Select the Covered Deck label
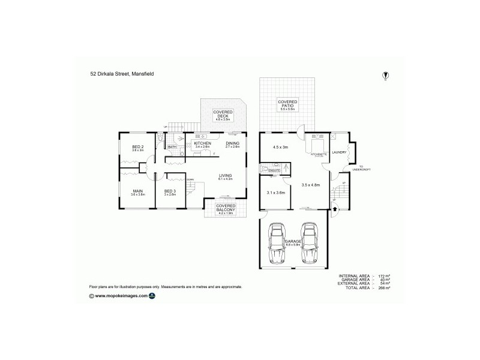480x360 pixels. click(223, 115)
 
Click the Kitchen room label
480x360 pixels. click(202, 144)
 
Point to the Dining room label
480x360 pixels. click(232, 144)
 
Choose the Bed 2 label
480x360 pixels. click(139, 148)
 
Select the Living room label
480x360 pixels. click(226, 176)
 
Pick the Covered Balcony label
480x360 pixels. click(226, 209)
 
